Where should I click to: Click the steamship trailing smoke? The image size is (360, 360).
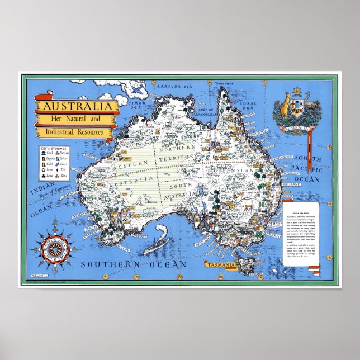157,244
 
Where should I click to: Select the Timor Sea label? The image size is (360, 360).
135,106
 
